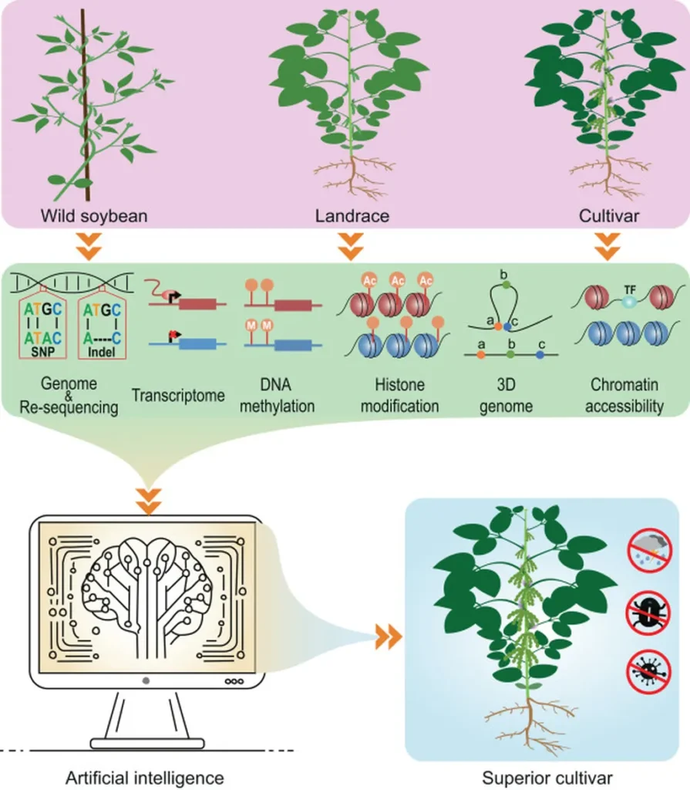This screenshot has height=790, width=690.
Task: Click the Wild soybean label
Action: (x=94, y=216)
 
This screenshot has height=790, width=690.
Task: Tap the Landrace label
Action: (x=352, y=216)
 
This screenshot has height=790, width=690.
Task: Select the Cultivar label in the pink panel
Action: (x=609, y=216)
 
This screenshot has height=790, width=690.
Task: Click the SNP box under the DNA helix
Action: (x=43, y=327)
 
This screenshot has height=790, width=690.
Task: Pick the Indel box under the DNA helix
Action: (x=103, y=327)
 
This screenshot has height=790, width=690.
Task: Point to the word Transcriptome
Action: (x=178, y=395)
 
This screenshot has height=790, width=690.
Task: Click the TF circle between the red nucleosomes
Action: (x=629, y=302)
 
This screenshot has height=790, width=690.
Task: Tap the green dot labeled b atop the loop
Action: (x=507, y=285)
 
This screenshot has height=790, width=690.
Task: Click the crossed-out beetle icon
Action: (x=648, y=613)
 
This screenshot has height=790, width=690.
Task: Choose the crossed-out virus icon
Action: (x=648, y=672)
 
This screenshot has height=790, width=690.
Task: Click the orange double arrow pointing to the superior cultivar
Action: (x=389, y=638)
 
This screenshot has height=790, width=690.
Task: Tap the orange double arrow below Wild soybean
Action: (x=89, y=247)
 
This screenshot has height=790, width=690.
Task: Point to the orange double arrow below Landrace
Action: (x=351, y=247)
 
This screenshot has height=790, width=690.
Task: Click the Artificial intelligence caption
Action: (x=145, y=778)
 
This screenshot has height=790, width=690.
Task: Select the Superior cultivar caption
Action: (x=547, y=778)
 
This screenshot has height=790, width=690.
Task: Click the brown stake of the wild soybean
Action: (x=86, y=105)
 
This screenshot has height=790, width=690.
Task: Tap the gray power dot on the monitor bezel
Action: (x=146, y=680)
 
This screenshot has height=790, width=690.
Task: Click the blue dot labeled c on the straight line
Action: (x=540, y=355)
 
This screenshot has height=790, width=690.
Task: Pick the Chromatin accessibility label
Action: (x=624, y=396)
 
